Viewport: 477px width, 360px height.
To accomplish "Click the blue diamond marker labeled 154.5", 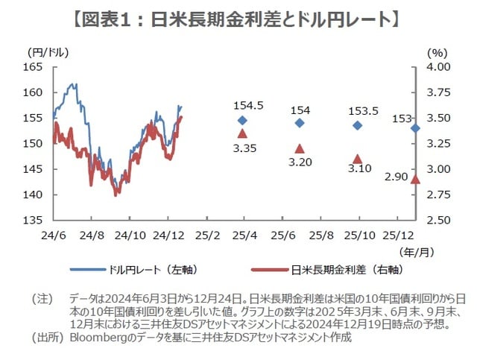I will pyautogui.click(x=242, y=120).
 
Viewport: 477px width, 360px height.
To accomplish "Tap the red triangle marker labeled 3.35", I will pyautogui.click(x=242, y=133).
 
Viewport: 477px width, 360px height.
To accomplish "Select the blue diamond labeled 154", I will pyautogui.click(x=300, y=123).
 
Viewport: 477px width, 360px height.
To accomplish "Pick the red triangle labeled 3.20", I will pyautogui.click(x=300, y=148).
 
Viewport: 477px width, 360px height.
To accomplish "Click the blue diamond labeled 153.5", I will pyautogui.click(x=358, y=125).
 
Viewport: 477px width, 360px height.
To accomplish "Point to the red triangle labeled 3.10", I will pyautogui.click(x=358, y=159).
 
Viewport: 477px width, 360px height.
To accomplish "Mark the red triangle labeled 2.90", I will pyautogui.click(x=415, y=179).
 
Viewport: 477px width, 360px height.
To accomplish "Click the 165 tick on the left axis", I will pyautogui.click(x=34, y=67).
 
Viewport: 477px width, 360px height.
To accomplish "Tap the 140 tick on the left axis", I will pyautogui.click(x=34, y=195).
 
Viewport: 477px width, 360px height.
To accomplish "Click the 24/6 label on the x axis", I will pyautogui.click(x=53, y=235).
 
